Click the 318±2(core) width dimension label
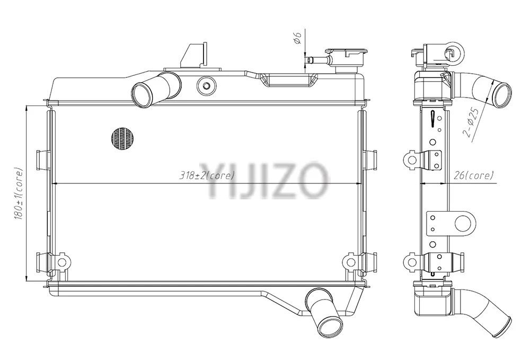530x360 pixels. (206, 175)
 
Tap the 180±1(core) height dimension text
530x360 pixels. (18, 194)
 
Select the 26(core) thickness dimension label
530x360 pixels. (474, 175)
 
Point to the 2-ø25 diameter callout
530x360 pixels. (471, 122)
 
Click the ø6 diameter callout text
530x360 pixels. (297, 38)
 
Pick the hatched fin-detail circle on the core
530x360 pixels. (122, 138)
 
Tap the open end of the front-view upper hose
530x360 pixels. (140, 95)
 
